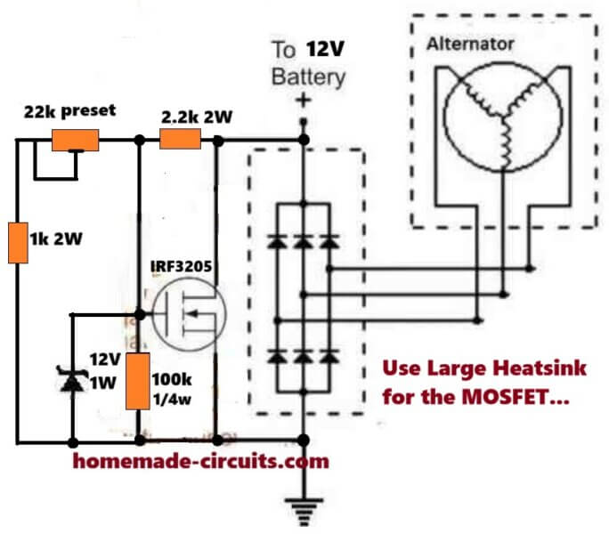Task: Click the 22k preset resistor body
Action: [76, 140]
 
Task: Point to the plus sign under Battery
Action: [303, 100]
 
